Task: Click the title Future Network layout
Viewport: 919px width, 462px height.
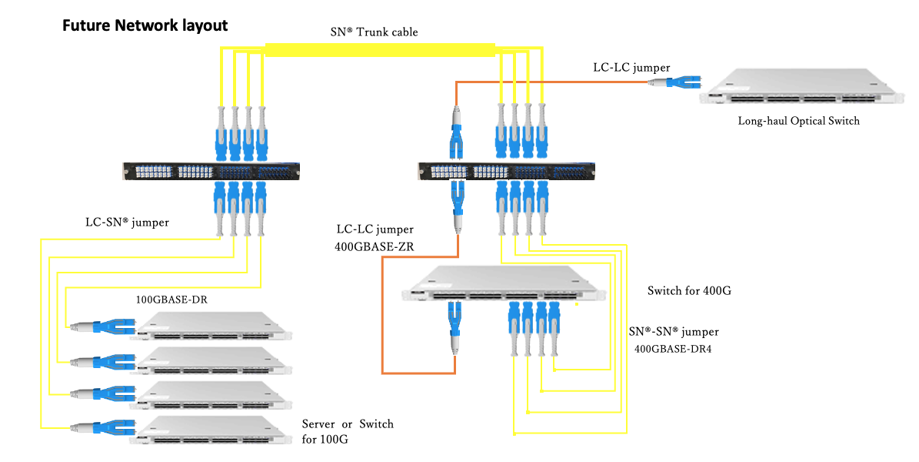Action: tap(145, 25)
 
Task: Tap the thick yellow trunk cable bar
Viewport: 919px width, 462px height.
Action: tap(380, 49)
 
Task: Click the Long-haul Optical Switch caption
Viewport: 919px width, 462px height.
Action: tap(798, 121)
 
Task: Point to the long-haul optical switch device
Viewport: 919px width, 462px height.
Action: tap(800, 89)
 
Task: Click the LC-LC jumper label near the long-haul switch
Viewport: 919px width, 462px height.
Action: tap(631, 68)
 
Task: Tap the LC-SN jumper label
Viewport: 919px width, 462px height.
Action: tap(127, 223)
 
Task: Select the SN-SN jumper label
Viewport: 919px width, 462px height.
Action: tap(674, 332)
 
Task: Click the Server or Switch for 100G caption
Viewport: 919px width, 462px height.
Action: tap(347, 432)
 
